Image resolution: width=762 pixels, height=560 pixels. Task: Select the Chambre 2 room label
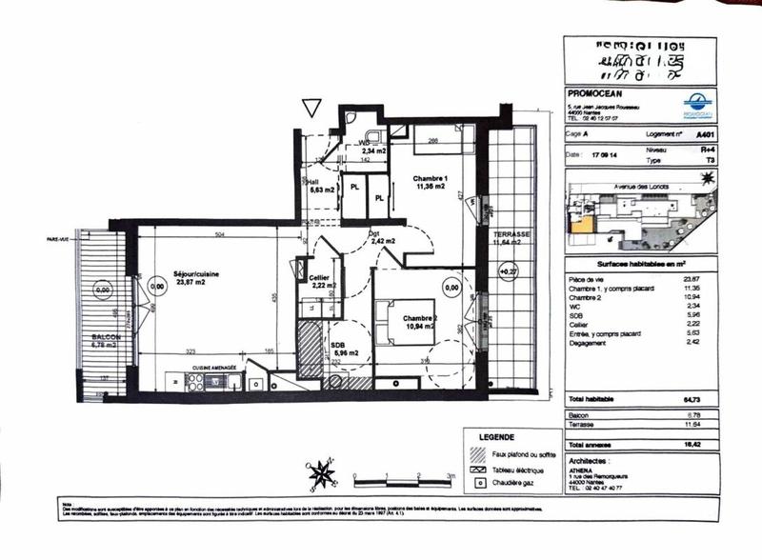419,318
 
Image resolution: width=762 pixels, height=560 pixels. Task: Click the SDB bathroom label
337,347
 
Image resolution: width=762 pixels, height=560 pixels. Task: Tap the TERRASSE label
511,233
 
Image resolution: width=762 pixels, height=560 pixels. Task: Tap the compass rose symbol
322,473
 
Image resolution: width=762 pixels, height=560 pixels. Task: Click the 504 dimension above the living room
218,232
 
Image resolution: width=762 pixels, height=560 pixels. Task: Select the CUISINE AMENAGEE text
214,367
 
